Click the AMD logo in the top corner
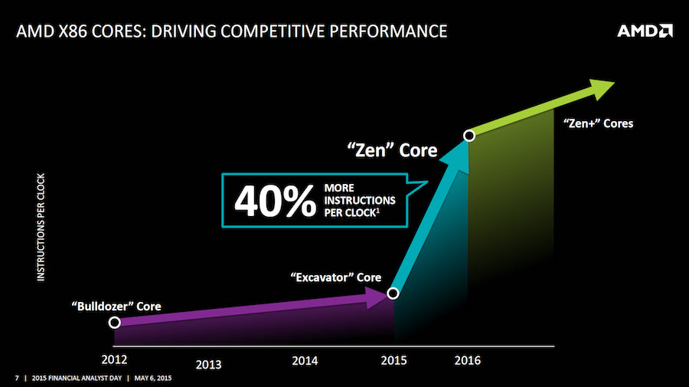[x=645, y=32]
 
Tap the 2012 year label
[x=114, y=358]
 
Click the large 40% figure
[x=274, y=202]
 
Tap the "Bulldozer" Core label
[x=116, y=306]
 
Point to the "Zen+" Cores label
[x=598, y=123]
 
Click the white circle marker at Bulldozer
[x=115, y=323]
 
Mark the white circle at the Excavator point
[x=393, y=293]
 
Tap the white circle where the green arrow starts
[x=469, y=136]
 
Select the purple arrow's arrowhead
[x=379, y=297]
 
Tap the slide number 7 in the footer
[x=17, y=379]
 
